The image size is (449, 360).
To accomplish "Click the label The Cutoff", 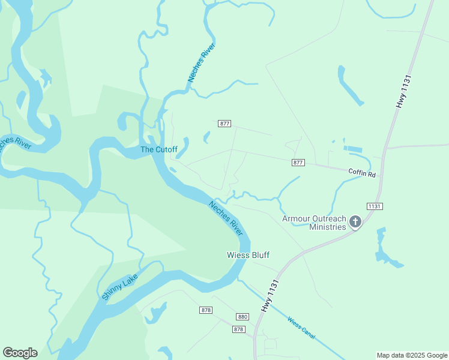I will [x=158, y=149].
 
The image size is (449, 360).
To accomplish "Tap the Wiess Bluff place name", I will [x=248, y=255].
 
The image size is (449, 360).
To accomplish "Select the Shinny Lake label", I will [x=119, y=287].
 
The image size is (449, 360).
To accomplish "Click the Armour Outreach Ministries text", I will [x=315, y=223].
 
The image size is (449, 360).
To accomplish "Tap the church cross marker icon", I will [x=355, y=223].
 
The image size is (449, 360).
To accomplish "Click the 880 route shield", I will [x=243, y=317].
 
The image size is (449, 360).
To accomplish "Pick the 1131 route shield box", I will [x=375, y=206].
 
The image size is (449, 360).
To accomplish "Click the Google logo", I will [x=20, y=352].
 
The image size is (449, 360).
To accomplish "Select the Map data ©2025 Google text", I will [x=411, y=355].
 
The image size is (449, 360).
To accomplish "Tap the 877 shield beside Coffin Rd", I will [x=298, y=163].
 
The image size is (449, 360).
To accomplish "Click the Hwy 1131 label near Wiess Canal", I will [x=271, y=295].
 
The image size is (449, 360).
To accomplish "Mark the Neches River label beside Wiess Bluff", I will [x=226, y=218].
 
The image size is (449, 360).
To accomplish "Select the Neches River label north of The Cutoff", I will [x=201, y=62].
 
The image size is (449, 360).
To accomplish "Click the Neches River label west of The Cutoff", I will [x=13, y=146].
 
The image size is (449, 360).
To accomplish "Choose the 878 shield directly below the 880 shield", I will [x=239, y=329].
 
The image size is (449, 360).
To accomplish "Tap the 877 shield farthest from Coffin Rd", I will [x=224, y=124].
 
